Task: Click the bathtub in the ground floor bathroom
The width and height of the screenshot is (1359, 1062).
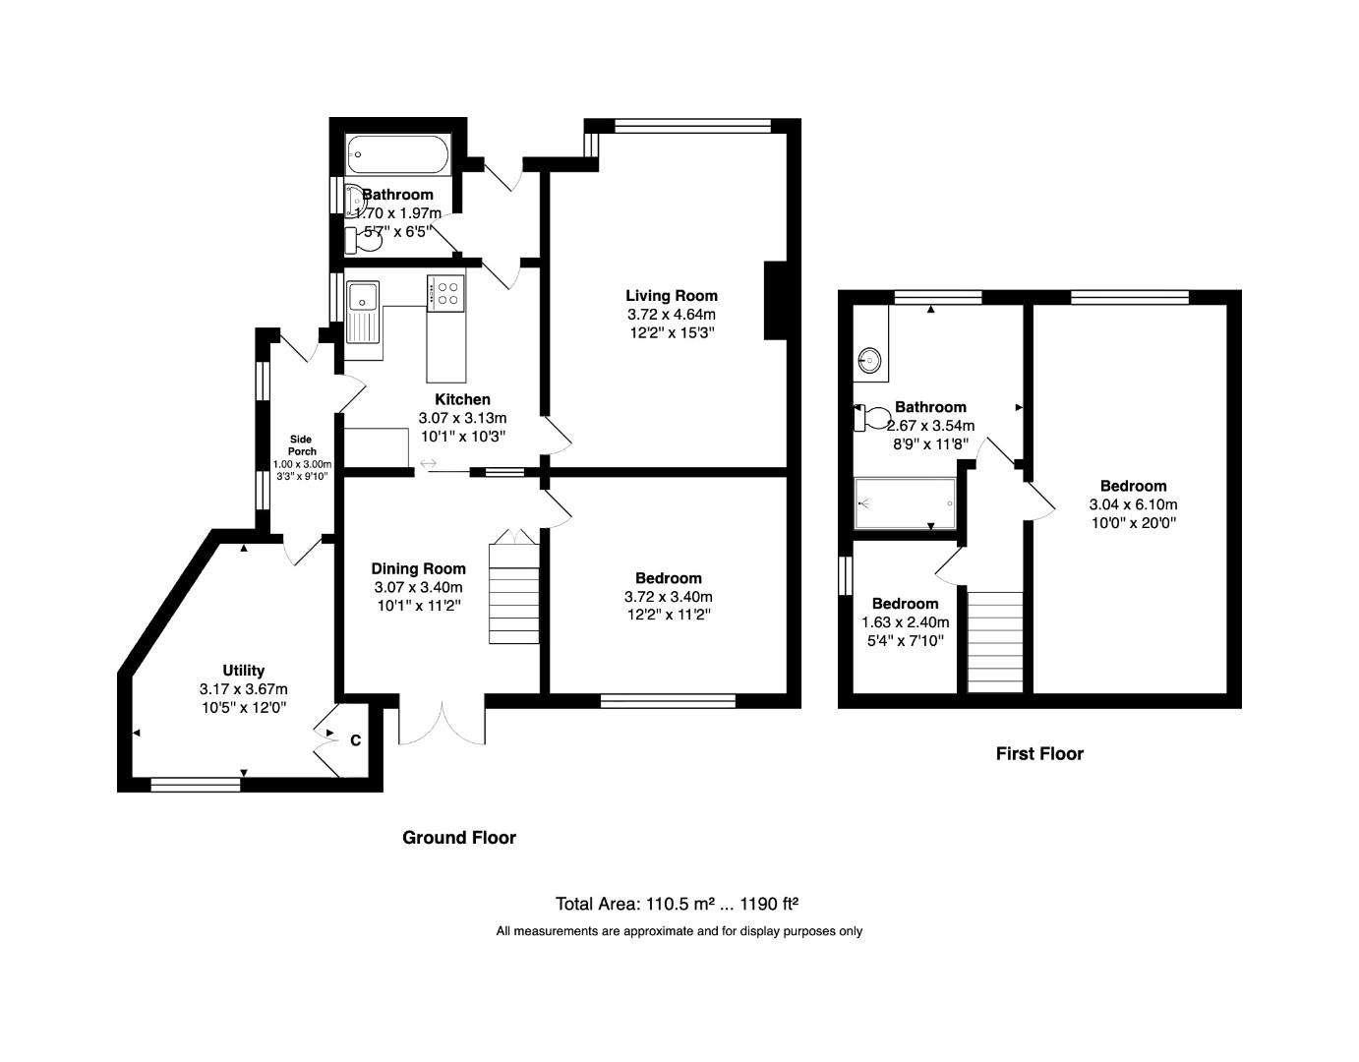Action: tap(398, 154)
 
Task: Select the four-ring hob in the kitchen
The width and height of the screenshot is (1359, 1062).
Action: tap(446, 293)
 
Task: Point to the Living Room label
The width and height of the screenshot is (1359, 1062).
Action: tap(672, 295)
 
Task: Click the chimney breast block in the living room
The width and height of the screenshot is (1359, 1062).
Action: tap(777, 300)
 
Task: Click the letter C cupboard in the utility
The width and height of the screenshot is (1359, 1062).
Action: tap(355, 740)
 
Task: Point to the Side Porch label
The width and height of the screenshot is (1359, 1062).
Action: tap(302, 445)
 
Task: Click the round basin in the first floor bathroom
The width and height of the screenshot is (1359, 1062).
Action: tap(870, 360)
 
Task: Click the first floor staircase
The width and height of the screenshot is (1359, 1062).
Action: tap(995, 640)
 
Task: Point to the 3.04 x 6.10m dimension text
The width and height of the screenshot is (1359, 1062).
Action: tap(1133, 504)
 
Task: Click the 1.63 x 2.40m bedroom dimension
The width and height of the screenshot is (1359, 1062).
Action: tap(905, 622)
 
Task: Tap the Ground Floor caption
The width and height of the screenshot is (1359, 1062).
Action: tap(459, 838)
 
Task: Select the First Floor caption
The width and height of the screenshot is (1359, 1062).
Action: tap(1039, 754)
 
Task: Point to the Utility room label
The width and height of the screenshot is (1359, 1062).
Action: tap(243, 671)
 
